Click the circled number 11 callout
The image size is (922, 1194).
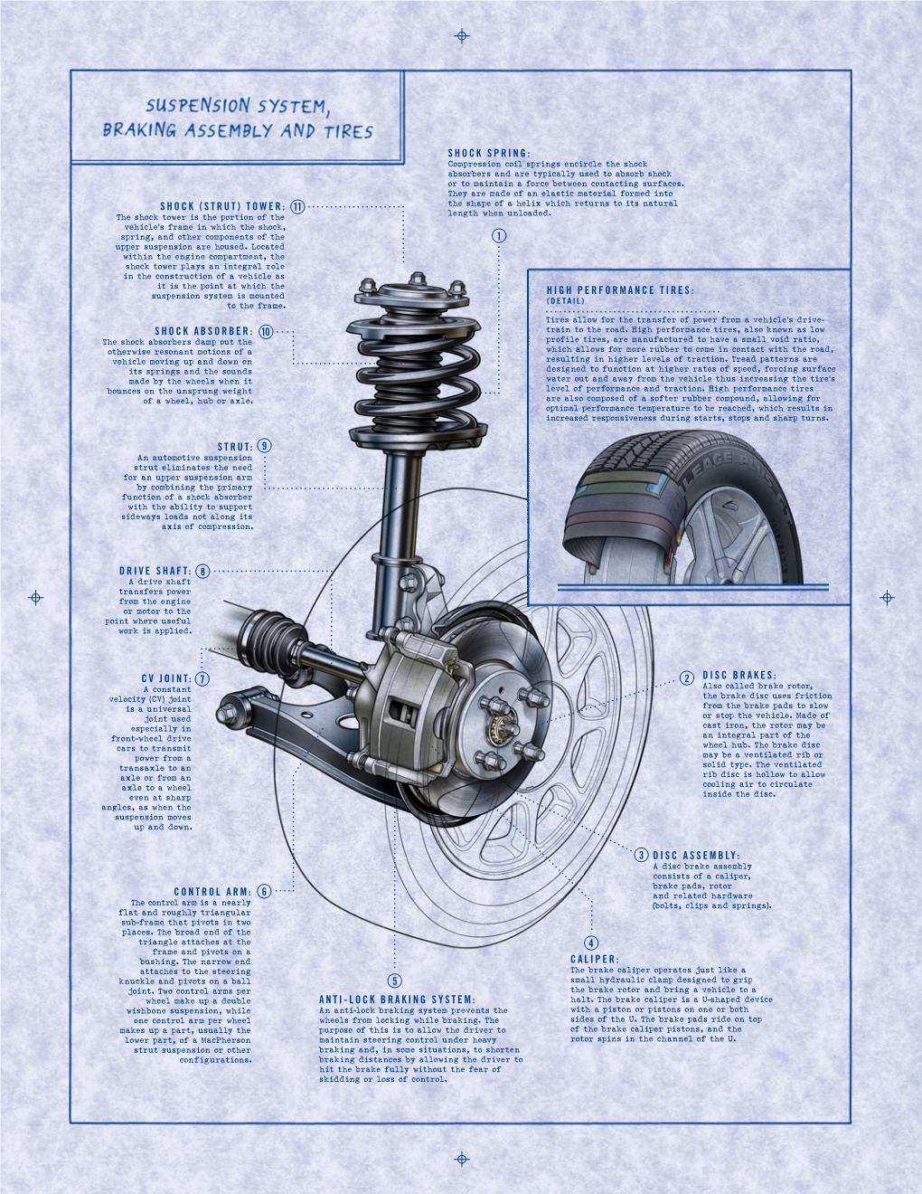coord(297,206)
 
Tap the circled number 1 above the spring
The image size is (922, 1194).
coord(499,236)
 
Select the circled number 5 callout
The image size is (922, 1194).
coord(394,981)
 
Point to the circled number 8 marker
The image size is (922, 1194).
coord(202,572)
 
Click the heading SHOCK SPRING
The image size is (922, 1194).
coord(489,153)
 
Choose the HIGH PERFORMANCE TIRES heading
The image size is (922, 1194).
coord(620,290)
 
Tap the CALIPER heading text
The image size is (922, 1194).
coord(594,959)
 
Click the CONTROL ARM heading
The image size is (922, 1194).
coord(212,891)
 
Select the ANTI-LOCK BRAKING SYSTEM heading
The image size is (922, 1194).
coord(397,999)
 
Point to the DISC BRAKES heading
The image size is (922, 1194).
coord(739,676)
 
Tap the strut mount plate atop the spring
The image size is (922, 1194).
coord(412,295)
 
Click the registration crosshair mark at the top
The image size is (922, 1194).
coord(462,36)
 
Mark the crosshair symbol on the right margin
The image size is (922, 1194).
coord(887,597)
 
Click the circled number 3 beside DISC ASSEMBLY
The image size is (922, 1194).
coord(641,855)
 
